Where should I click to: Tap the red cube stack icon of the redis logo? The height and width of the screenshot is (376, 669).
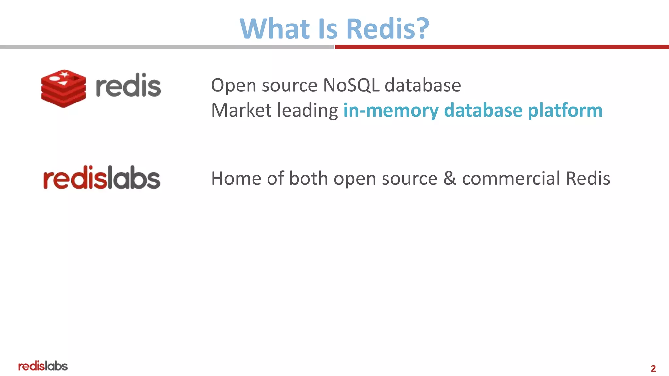pos(64,88)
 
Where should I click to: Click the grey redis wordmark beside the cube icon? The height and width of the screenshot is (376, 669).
pos(128,86)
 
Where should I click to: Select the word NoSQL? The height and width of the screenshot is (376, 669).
pos(351,86)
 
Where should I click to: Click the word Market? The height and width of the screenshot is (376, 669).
pos(241,110)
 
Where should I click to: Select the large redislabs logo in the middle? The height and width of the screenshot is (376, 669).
pos(102,178)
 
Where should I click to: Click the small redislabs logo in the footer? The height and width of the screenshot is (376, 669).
pos(43,366)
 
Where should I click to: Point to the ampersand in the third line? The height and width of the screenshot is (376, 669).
pos(449,179)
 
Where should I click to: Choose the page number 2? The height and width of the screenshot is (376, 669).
pos(653,368)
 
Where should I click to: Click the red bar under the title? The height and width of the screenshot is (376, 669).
pos(502,47)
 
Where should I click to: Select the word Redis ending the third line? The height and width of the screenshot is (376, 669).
pos(588,179)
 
